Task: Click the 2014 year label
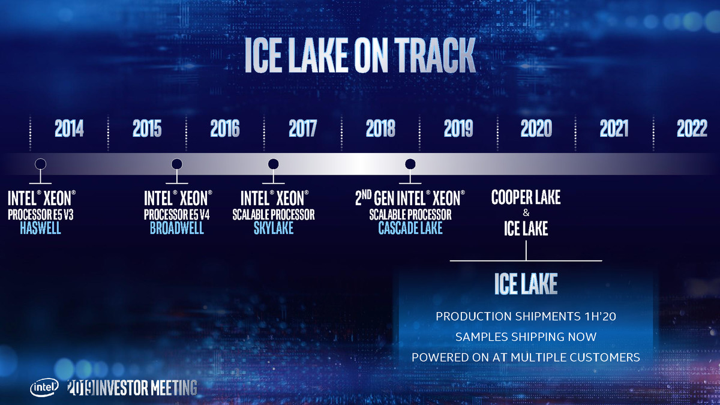(69, 128)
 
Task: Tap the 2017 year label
(303, 128)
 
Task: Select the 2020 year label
(536, 128)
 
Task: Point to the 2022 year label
(692, 128)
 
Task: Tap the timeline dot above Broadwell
(177, 164)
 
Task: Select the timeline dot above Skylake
(273, 164)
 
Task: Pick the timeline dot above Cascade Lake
(410, 164)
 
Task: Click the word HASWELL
(41, 228)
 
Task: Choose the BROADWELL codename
(177, 228)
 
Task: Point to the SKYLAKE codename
(274, 228)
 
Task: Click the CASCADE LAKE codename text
(410, 228)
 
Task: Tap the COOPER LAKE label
(526, 197)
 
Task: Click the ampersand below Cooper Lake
(526, 212)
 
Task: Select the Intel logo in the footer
(44, 388)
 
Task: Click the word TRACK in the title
(435, 55)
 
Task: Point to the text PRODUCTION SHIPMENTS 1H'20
(526, 316)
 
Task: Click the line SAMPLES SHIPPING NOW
(526, 337)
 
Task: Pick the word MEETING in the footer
(174, 388)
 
